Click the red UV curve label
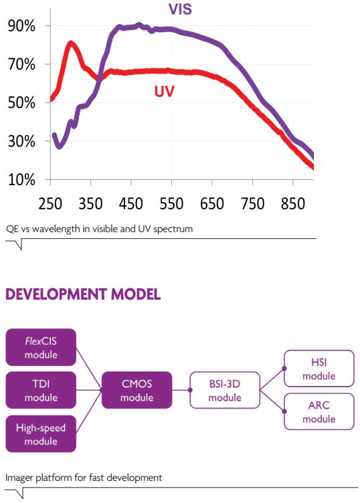(x=164, y=91)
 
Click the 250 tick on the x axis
(x=51, y=204)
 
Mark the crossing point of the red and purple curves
(x=99, y=77)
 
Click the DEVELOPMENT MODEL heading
(x=83, y=295)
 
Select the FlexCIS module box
(x=41, y=348)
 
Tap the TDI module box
(x=41, y=391)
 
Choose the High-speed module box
(x=41, y=434)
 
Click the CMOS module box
(x=137, y=391)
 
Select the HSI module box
(x=318, y=369)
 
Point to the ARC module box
(x=318, y=412)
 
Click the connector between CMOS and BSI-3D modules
(x=181, y=391)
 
